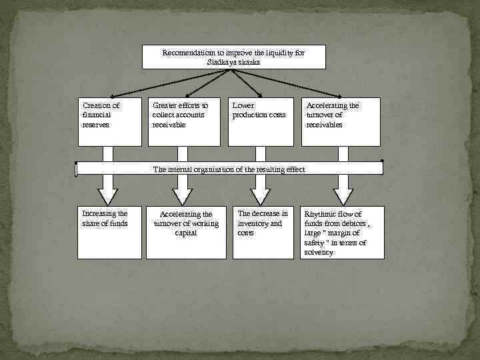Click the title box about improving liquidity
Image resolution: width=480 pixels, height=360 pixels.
[x=233, y=57]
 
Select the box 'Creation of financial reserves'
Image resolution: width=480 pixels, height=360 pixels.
[x=109, y=121]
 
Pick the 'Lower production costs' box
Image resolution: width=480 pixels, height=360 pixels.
[x=260, y=121]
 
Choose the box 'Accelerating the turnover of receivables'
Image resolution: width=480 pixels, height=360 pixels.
[x=342, y=121]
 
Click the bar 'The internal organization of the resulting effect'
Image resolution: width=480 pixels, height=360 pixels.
[x=229, y=169]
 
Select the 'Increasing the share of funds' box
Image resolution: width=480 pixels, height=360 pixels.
[x=109, y=233]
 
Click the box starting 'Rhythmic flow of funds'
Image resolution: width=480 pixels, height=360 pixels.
[x=342, y=233]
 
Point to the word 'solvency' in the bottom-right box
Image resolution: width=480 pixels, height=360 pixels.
[x=319, y=253]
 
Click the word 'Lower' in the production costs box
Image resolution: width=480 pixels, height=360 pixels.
[x=243, y=105]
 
